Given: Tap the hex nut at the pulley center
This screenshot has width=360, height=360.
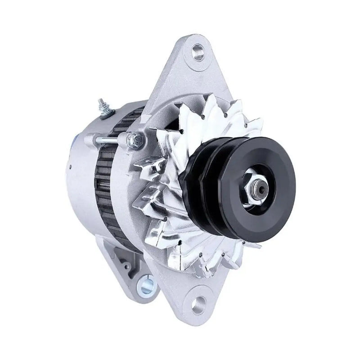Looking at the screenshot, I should pyautogui.click(x=257, y=185).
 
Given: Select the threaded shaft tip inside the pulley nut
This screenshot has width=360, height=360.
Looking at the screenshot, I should pyautogui.click(x=259, y=185).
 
